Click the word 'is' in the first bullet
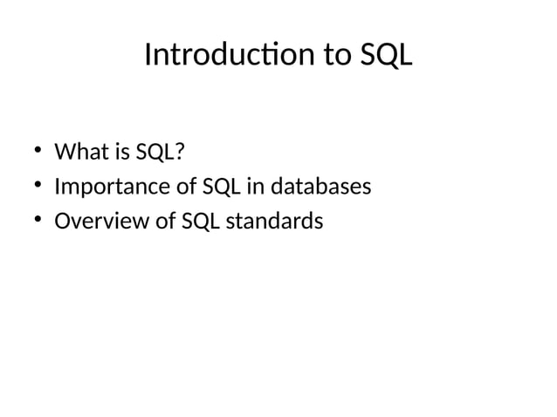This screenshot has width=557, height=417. point(118,153)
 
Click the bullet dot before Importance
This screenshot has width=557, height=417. point(39,187)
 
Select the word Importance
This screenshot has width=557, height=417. point(113,188)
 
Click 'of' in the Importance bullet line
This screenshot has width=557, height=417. point(188,188)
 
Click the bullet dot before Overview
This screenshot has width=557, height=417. point(39,222)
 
